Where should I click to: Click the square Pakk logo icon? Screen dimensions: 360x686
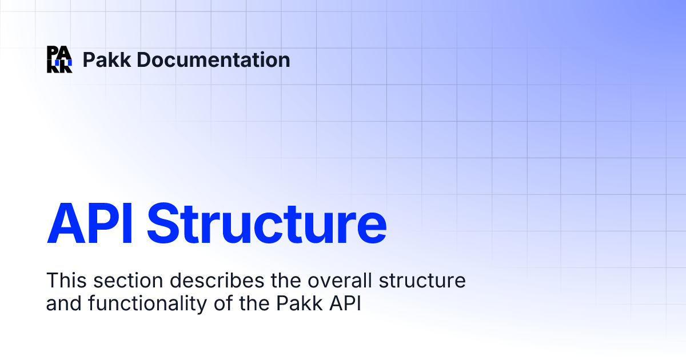[59, 59]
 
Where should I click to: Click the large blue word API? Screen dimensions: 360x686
[90, 222]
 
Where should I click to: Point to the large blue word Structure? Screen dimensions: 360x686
[266, 222]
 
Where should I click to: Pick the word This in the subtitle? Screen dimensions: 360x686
[65, 281]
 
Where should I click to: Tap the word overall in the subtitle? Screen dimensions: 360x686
[321, 281]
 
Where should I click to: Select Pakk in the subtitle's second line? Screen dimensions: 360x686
[309, 303]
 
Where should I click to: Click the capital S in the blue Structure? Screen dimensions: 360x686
[163, 222]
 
